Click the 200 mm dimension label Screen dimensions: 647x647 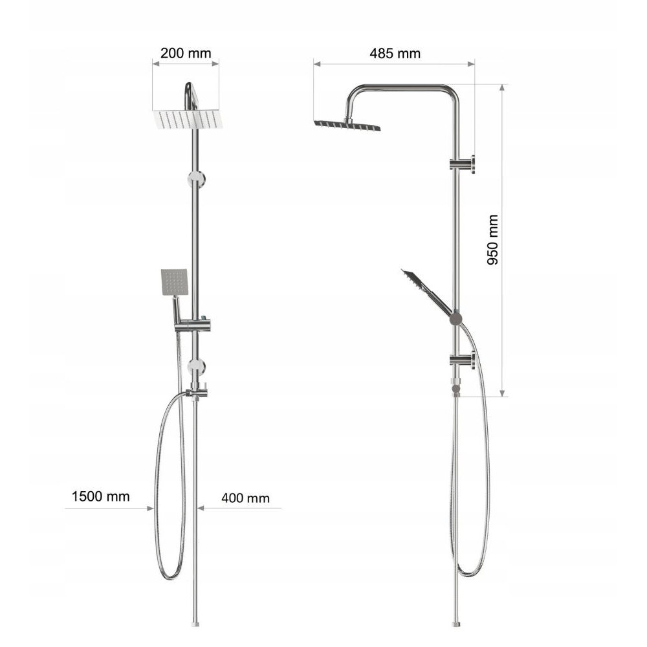pyautogui.click(x=186, y=53)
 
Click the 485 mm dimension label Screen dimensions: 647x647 pyautogui.click(x=395, y=54)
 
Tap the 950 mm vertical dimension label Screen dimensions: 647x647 pyautogui.click(x=492, y=239)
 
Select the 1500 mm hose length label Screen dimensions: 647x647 pyautogui.click(x=101, y=496)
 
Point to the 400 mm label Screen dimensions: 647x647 pyautogui.click(x=245, y=498)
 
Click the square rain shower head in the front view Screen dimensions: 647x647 pyautogui.click(x=188, y=119)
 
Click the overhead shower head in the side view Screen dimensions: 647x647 pyautogui.click(x=347, y=125)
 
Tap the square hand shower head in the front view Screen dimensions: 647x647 pyautogui.click(x=174, y=282)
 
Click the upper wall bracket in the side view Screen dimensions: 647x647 pyautogui.click(x=463, y=164)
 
